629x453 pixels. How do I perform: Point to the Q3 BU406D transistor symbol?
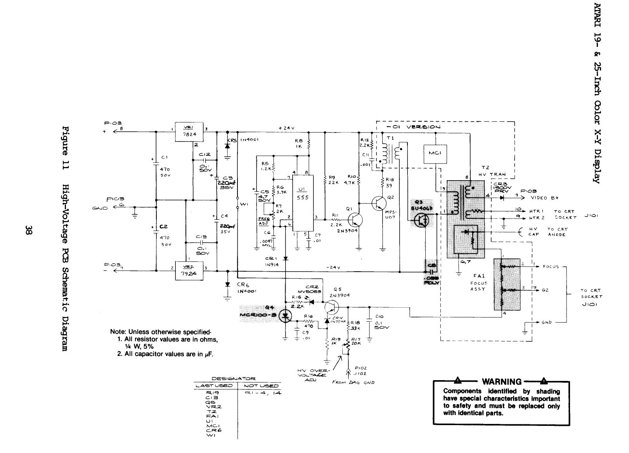(421, 220)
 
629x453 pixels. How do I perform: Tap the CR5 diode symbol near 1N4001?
(227, 146)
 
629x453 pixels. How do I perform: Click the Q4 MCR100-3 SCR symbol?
(286, 316)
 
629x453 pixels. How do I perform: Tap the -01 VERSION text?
(413, 127)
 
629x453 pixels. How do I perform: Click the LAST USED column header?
(214, 386)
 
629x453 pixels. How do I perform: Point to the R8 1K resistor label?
(299, 144)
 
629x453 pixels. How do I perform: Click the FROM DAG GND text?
(353, 382)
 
